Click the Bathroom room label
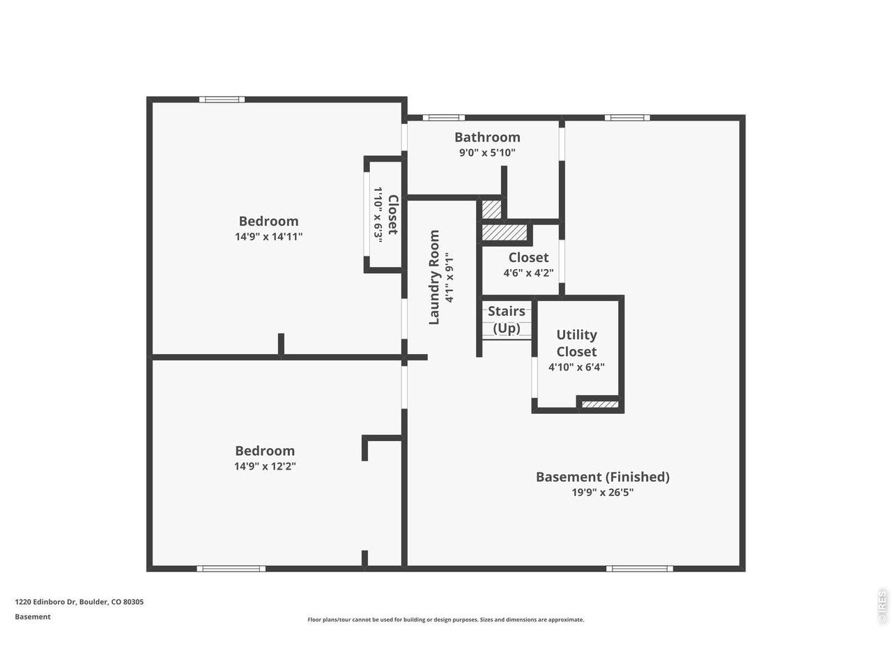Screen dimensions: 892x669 tap(487, 137)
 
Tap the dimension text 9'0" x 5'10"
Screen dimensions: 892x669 tap(487, 153)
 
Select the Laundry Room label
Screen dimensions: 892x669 tap(434, 277)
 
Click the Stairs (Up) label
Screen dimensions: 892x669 tap(507, 320)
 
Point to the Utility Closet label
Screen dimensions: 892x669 tap(576, 343)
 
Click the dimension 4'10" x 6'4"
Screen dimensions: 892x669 tap(576, 367)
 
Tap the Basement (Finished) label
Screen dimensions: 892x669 tap(602, 477)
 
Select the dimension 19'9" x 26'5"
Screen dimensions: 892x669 tap(602, 492)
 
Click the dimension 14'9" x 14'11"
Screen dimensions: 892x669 tap(268, 236)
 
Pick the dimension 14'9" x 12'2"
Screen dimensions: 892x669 tap(265, 466)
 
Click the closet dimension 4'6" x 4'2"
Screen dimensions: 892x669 tap(528, 272)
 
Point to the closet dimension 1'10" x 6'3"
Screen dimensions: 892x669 tap(378, 215)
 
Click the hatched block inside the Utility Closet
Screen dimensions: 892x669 tap(600, 404)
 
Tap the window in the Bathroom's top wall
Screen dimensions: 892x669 tap(443, 118)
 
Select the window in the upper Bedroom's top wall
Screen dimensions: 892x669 tap(222, 100)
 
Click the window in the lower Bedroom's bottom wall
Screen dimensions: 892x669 tap(231, 569)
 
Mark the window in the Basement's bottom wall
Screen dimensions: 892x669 tap(639, 569)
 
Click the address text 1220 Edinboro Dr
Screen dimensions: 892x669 tap(45, 602)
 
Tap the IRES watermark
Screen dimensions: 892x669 tap(882, 607)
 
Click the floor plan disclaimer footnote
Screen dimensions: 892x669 tap(446, 620)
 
